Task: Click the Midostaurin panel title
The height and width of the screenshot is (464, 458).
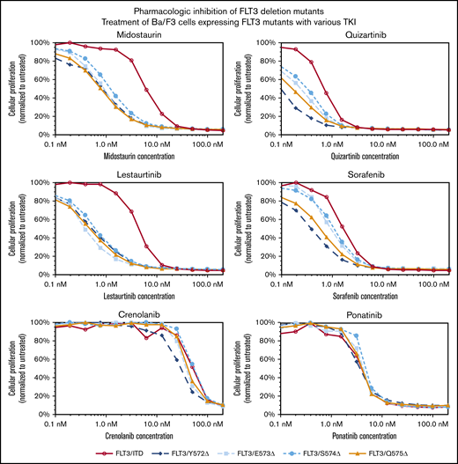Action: coord(131,34)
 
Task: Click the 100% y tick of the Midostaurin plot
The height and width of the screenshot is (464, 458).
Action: coord(40,42)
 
